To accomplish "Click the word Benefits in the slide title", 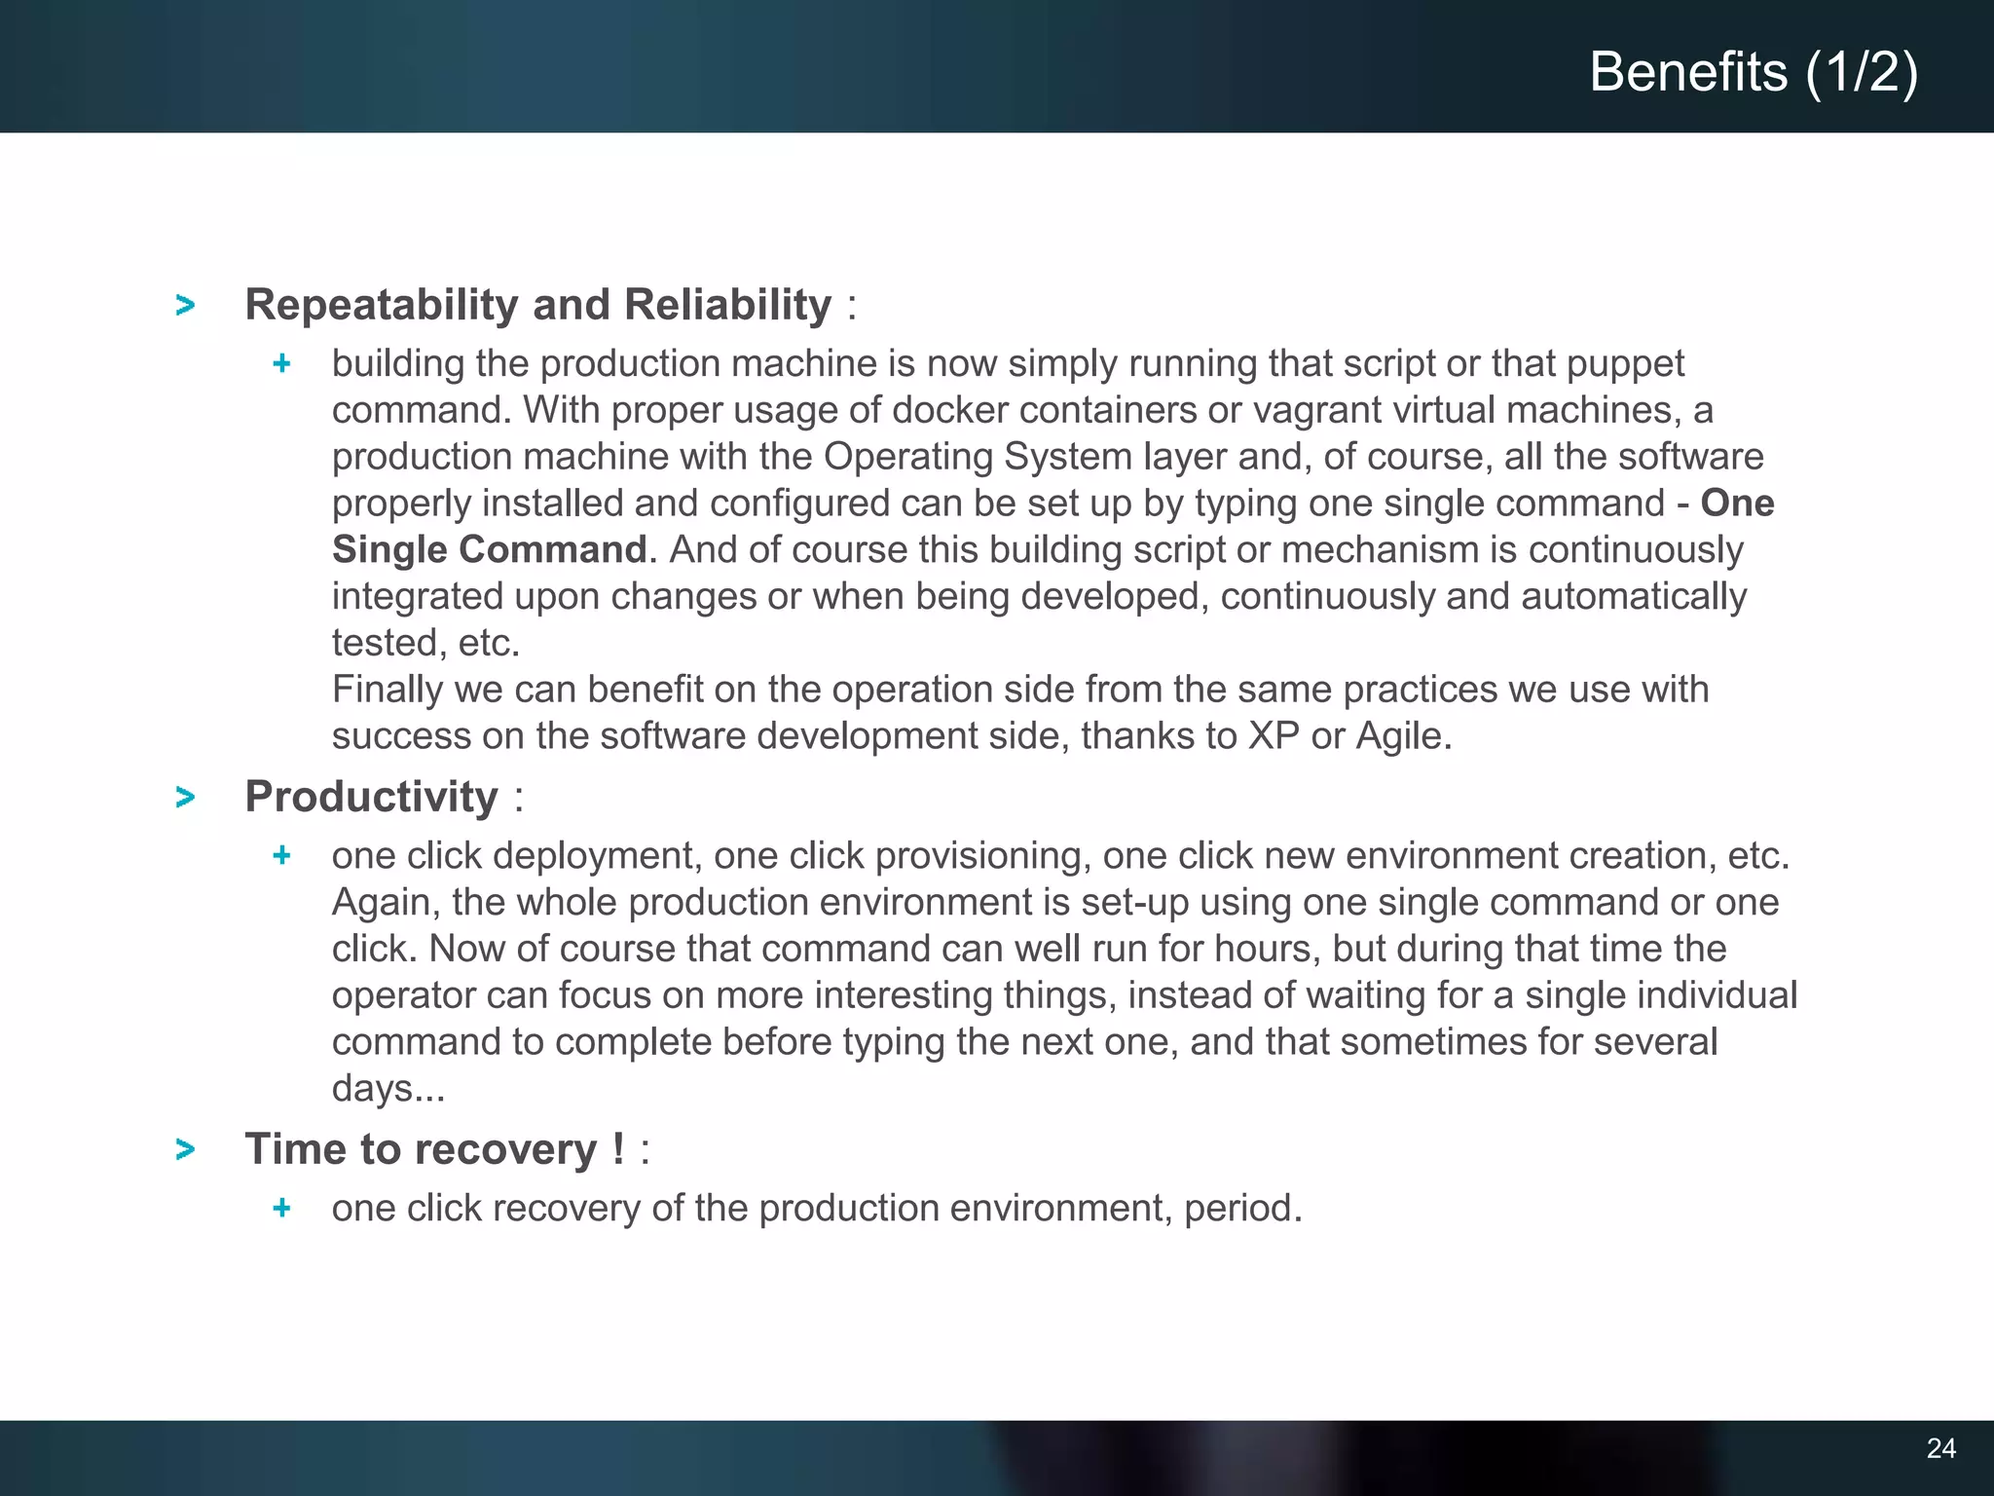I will [x=1688, y=72].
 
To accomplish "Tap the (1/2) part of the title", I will [x=1862, y=72].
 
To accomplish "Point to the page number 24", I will [x=1940, y=1448].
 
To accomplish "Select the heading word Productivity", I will [x=371, y=797].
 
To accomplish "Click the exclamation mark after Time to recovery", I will [x=619, y=1149].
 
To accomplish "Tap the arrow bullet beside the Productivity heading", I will [x=185, y=798].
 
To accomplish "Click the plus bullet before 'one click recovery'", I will [x=282, y=1209].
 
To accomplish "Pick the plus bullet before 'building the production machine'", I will [x=282, y=364].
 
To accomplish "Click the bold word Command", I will [x=552, y=550].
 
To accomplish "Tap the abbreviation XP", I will [x=1274, y=736].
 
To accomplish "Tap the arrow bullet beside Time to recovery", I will [x=185, y=1150].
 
